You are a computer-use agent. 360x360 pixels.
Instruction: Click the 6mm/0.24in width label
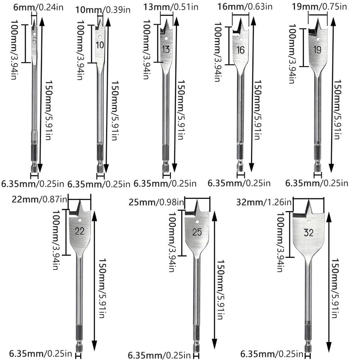click(x=38, y=7)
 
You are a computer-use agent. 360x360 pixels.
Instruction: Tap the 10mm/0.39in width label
click(x=103, y=9)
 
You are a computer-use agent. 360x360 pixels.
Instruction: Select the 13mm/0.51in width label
click(x=171, y=7)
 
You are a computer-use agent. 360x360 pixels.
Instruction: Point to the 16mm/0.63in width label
click(x=245, y=6)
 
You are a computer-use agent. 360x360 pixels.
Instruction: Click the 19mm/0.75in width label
click(x=319, y=6)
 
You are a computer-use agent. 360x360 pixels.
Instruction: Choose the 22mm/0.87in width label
click(x=40, y=199)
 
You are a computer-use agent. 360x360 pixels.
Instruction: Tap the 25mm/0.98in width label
click(x=156, y=202)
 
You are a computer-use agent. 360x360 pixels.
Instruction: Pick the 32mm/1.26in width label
click(x=264, y=202)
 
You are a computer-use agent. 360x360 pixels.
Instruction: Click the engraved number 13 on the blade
click(x=166, y=49)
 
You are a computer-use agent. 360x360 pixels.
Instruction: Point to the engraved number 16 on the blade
click(x=240, y=50)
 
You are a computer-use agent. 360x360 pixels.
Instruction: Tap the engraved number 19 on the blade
click(x=317, y=49)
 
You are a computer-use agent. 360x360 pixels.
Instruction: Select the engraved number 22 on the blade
click(x=80, y=231)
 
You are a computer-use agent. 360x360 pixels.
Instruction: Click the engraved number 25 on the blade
click(x=197, y=232)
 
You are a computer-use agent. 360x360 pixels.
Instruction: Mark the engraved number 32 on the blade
click(x=308, y=233)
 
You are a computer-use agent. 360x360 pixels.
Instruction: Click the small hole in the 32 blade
click(x=309, y=221)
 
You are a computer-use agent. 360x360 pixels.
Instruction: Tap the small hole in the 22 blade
click(x=80, y=220)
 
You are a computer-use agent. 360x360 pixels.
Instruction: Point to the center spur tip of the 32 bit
click(x=308, y=200)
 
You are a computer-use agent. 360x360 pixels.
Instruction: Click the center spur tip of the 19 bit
click(x=318, y=19)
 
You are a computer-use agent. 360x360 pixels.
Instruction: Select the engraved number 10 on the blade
click(x=100, y=45)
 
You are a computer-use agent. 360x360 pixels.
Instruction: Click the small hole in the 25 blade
click(x=197, y=222)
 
